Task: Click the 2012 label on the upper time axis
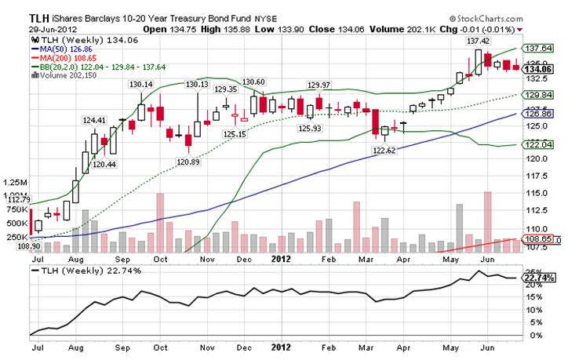click(x=281, y=256)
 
